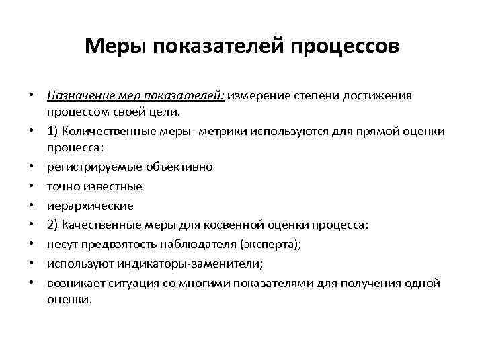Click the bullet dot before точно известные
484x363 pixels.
(32, 186)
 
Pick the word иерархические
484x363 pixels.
(90, 206)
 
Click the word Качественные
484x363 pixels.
(103, 225)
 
